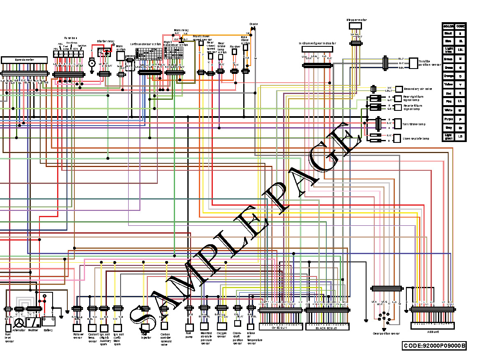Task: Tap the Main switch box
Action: point(120,56)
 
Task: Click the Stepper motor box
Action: point(355,26)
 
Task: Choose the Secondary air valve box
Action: point(399,89)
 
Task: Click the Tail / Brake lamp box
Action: point(397,124)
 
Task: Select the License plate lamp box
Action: point(397,138)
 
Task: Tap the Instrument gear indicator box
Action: point(317,49)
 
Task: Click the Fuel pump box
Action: point(189,327)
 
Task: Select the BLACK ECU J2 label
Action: point(327,328)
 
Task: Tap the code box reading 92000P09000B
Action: point(434,346)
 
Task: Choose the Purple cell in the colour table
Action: point(448,119)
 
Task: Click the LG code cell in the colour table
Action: point(461,136)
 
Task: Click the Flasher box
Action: point(235,53)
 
